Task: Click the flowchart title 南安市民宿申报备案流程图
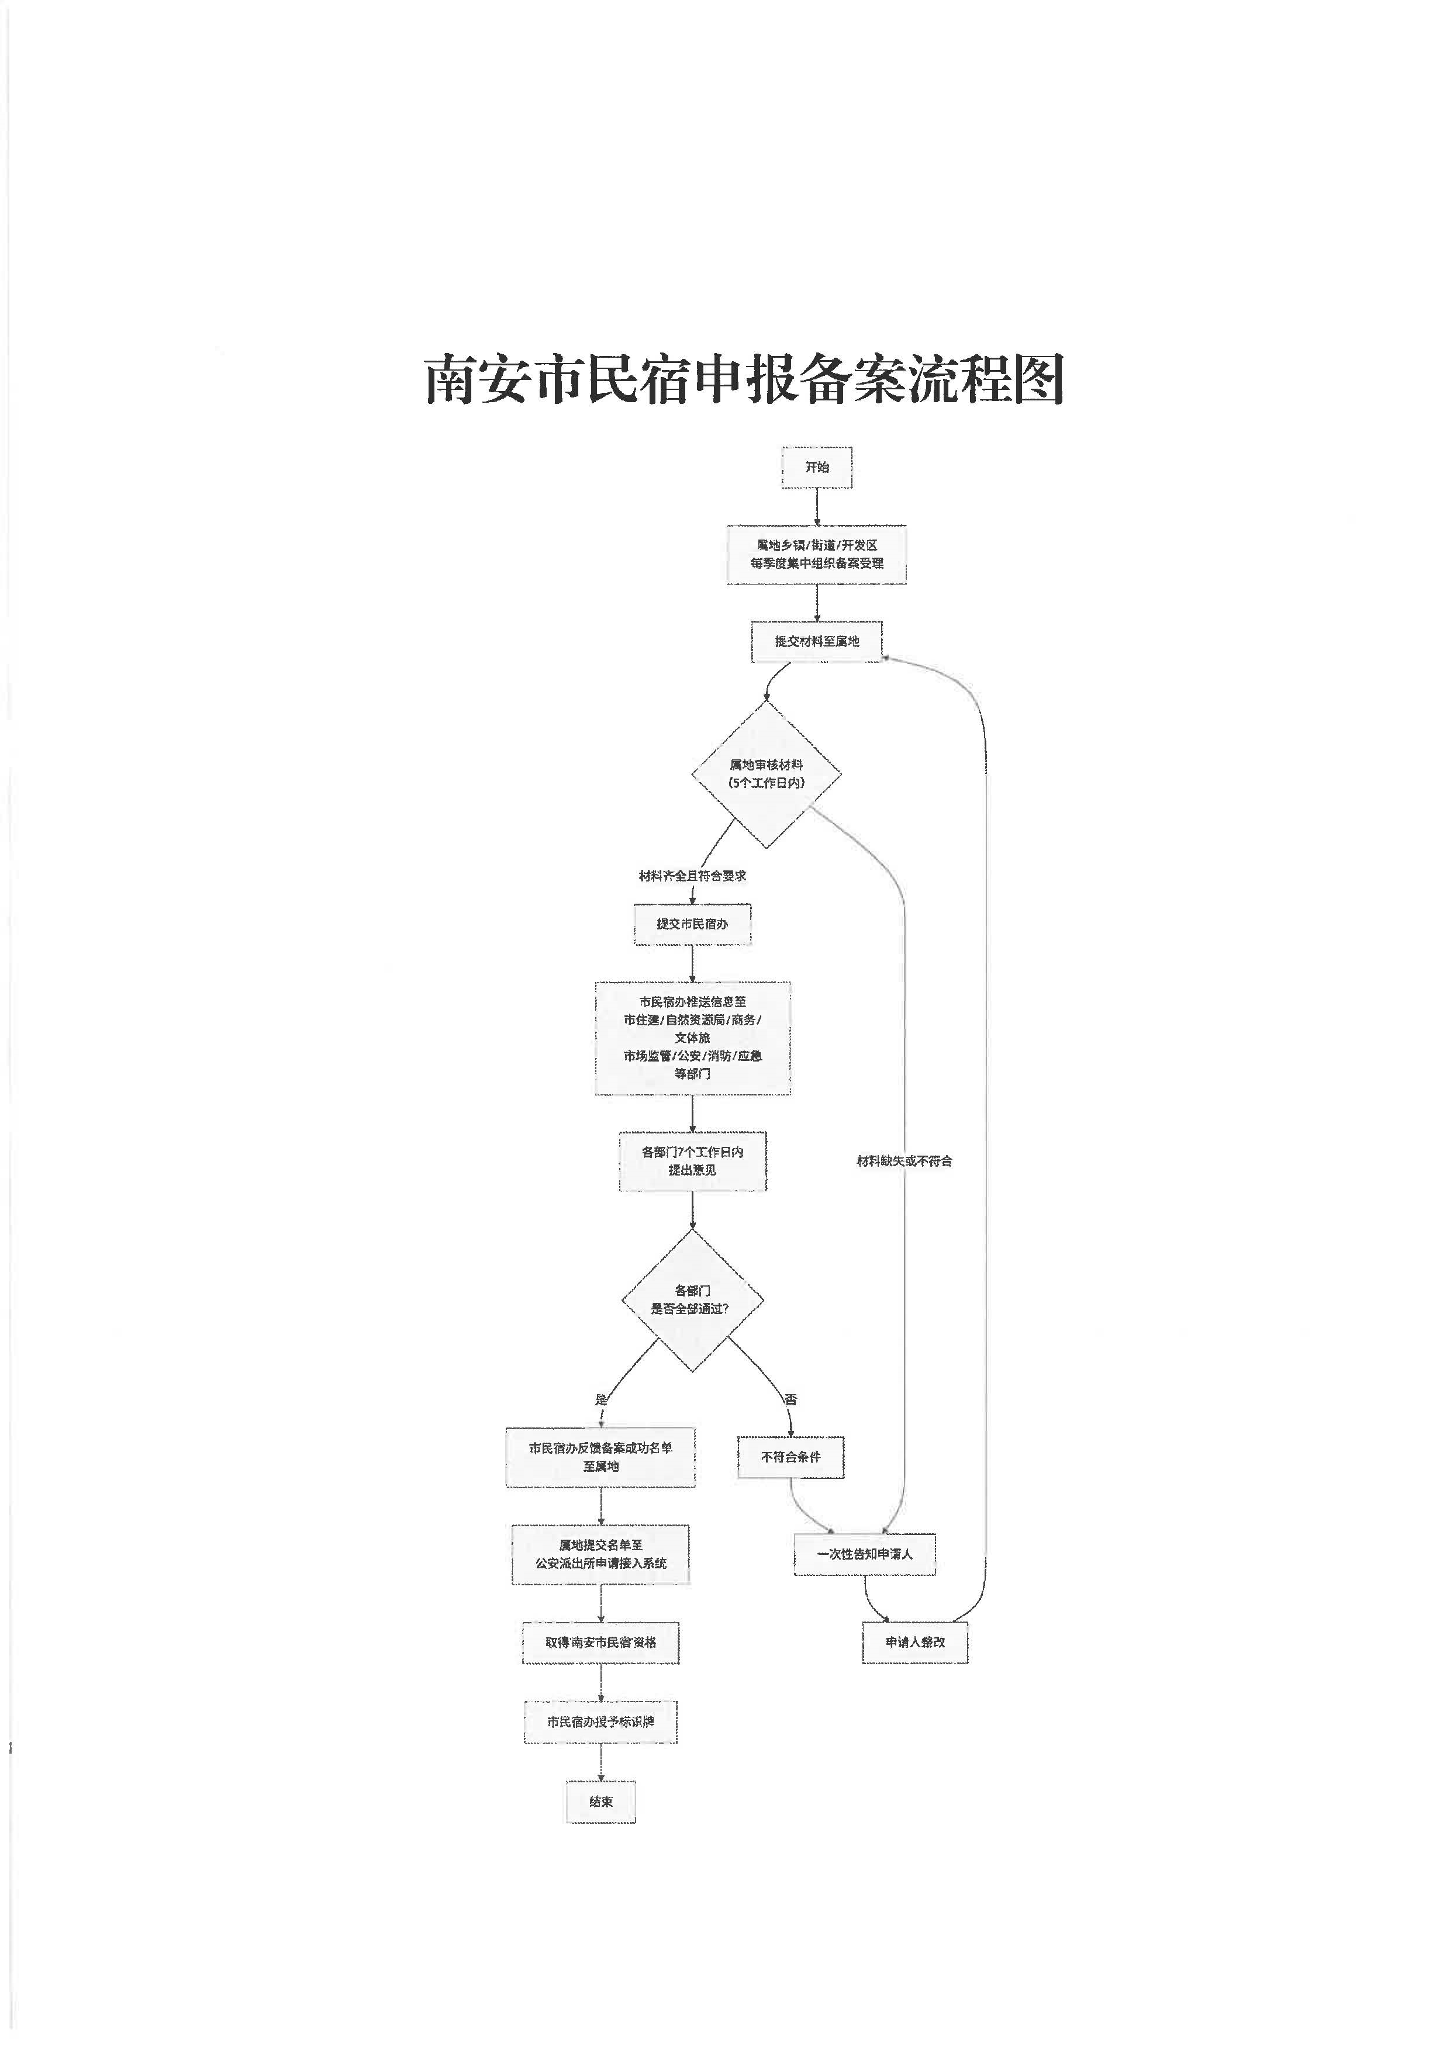(x=744, y=379)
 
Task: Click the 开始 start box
(x=816, y=467)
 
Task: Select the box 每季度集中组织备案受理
(x=816, y=555)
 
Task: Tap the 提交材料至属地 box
(x=816, y=641)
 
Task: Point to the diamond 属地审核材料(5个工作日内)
(x=766, y=774)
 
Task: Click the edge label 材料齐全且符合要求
(x=692, y=876)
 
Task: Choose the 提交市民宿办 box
(x=692, y=924)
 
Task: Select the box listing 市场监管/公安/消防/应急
(x=692, y=1038)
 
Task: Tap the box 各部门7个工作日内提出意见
(x=692, y=1161)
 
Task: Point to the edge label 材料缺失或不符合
(x=903, y=1161)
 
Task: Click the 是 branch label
(x=601, y=1399)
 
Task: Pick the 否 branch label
(x=790, y=1399)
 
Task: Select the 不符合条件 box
(x=790, y=1456)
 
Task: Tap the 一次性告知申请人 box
(x=864, y=1554)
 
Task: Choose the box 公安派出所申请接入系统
(x=600, y=1554)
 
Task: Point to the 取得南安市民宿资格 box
(x=600, y=1642)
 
